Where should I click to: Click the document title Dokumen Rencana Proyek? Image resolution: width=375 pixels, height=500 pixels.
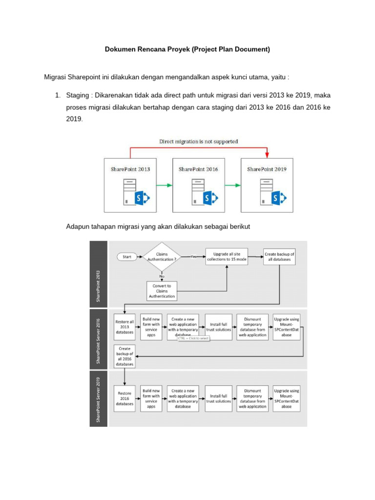point(187,49)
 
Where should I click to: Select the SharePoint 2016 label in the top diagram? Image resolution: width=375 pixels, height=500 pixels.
point(198,169)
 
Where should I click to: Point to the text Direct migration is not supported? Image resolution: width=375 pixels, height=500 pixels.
point(198,142)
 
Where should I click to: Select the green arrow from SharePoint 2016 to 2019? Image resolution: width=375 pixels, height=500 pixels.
point(232,185)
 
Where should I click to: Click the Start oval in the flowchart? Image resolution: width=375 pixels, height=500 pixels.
point(127,257)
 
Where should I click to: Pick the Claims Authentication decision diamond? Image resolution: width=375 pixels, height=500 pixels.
point(162,257)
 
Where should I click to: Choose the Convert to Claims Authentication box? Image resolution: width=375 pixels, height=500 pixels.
point(162,290)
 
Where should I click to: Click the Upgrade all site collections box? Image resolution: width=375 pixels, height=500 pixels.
point(227,257)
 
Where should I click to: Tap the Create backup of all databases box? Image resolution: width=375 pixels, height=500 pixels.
point(279,257)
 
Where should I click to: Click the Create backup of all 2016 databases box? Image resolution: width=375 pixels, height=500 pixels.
point(125,356)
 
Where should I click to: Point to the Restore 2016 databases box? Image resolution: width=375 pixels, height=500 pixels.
point(125,398)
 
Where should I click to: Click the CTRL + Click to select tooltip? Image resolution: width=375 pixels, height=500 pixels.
point(194,338)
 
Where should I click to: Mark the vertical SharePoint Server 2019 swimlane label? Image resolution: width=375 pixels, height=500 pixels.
point(99,400)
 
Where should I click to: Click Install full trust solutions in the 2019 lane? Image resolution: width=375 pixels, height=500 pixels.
point(218,398)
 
